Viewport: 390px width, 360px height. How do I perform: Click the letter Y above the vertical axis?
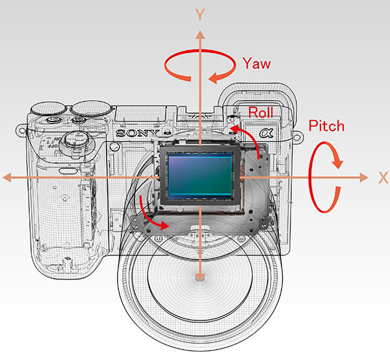pos(200,13)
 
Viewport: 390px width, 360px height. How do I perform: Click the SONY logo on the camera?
pos(135,133)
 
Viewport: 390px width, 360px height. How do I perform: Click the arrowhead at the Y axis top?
pos(200,31)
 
